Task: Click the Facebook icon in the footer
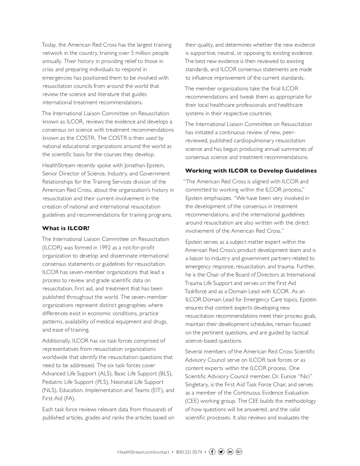tap(212, 452)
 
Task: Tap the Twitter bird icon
tap(221, 452)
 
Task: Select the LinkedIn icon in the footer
tap(230, 452)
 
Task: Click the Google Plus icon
tap(239, 452)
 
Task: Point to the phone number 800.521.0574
tap(189, 452)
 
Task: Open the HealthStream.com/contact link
tap(143, 452)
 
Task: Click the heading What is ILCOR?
tap(66, 228)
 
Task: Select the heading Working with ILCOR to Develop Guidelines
tap(251, 171)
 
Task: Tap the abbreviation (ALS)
tap(105, 374)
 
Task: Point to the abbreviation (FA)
tap(69, 399)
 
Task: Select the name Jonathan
tap(135, 165)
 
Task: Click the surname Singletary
tap(198, 385)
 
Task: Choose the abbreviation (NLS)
tap(50, 390)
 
